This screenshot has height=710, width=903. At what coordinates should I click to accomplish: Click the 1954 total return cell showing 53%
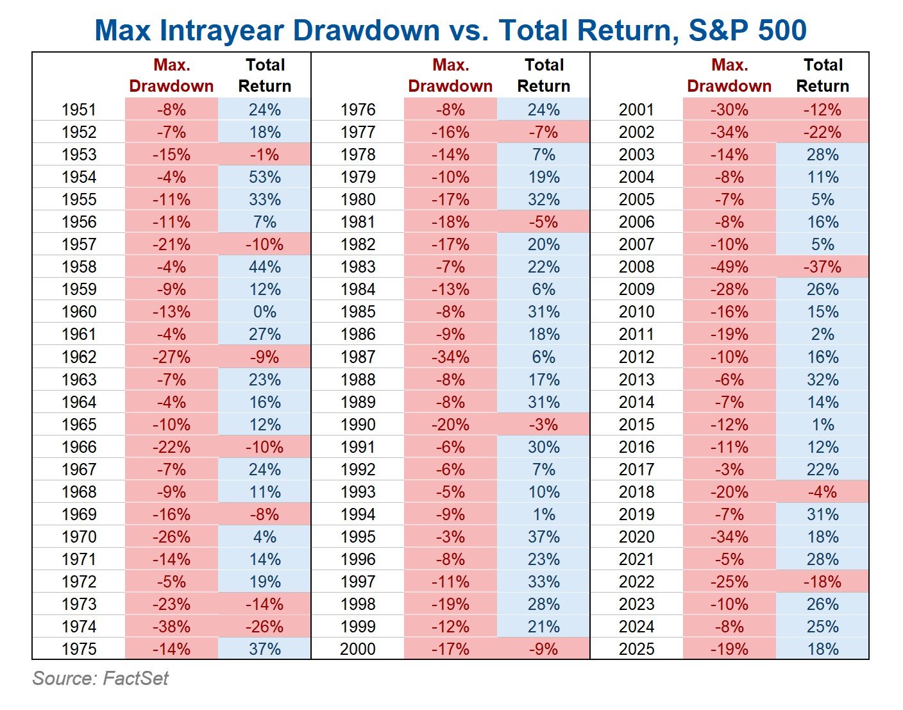pyautogui.click(x=265, y=177)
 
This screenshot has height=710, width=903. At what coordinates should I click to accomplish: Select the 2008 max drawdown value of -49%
pyautogui.click(x=729, y=267)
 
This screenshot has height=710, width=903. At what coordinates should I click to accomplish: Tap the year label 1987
pyautogui.click(x=358, y=357)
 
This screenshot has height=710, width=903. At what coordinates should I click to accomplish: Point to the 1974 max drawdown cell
pyautogui.click(x=171, y=627)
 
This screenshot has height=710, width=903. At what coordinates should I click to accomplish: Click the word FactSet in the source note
pyautogui.click(x=135, y=679)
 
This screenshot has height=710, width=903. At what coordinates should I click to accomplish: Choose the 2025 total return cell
pyautogui.click(x=822, y=649)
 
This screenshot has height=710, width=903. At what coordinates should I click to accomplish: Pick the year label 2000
pyautogui.click(x=358, y=649)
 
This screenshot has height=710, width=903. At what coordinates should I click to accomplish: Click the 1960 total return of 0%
pyautogui.click(x=265, y=312)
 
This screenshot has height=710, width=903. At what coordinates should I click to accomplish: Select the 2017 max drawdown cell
pyautogui.click(x=729, y=469)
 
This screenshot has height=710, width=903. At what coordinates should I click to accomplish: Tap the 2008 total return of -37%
pyautogui.click(x=822, y=267)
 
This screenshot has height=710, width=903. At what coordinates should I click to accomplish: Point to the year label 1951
pyautogui.click(x=79, y=110)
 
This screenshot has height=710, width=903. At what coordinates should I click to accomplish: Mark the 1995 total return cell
pyautogui.click(x=543, y=537)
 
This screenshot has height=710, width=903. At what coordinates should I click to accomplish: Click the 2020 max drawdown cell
pyautogui.click(x=729, y=537)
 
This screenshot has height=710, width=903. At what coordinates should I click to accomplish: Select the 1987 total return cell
pyautogui.click(x=543, y=357)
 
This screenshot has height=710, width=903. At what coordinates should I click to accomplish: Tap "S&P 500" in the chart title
pyautogui.click(x=747, y=31)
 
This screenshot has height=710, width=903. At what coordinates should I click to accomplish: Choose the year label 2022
pyautogui.click(x=636, y=582)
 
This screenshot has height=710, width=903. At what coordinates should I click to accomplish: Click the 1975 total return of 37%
pyautogui.click(x=265, y=649)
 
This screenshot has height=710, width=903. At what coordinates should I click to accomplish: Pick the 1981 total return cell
pyautogui.click(x=543, y=222)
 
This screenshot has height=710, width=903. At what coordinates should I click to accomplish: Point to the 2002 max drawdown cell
pyautogui.click(x=729, y=132)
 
